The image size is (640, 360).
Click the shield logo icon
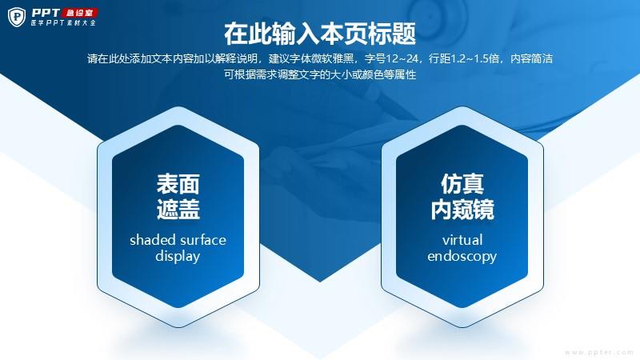[x=17, y=17]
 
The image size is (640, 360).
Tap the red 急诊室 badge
[x=79, y=13]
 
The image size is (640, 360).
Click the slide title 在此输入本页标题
[x=320, y=34]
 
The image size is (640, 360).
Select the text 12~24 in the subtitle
[x=402, y=58]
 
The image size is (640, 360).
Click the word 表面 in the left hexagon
[x=178, y=184]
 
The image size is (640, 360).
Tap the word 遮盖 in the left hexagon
[x=178, y=209]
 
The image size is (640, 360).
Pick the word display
[x=178, y=256]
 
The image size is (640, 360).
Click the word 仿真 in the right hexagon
[x=462, y=184]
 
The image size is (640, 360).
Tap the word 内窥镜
[x=462, y=209]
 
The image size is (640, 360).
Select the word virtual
[x=462, y=239]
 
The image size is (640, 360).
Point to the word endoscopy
[x=462, y=256]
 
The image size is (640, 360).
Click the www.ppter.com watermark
[x=599, y=352]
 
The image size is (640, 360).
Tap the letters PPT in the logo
[x=46, y=13]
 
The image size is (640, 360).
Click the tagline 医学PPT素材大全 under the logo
[x=63, y=22]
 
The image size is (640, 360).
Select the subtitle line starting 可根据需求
[x=320, y=74]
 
